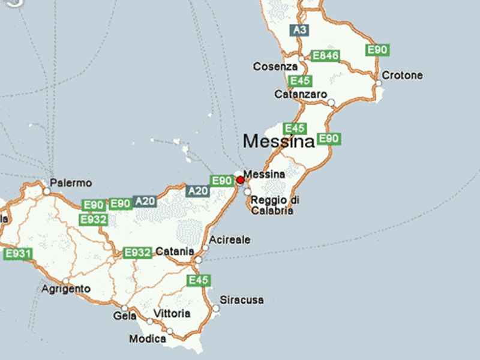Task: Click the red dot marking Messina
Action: point(241,180)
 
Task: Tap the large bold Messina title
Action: point(278,142)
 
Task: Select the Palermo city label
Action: point(71,182)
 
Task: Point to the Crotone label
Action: point(402,76)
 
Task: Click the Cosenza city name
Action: point(275,66)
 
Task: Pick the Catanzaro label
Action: point(300,95)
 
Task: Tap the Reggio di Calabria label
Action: point(274,205)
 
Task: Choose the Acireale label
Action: point(230,240)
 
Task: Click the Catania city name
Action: point(175,251)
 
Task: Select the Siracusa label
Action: point(242,299)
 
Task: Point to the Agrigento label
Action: point(67,289)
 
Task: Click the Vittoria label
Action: point(172,314)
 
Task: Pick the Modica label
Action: point(148,339)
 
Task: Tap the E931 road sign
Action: point(17,254)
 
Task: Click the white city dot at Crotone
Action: point(379,83)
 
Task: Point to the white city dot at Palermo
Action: point(46,191)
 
